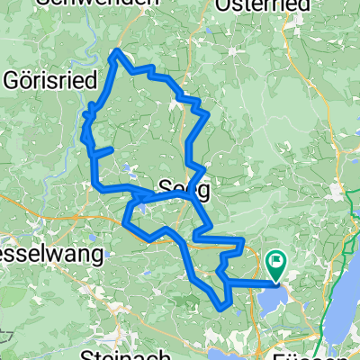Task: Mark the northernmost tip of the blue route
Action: pos(114,51)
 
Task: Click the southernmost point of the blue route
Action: pos(222,309)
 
